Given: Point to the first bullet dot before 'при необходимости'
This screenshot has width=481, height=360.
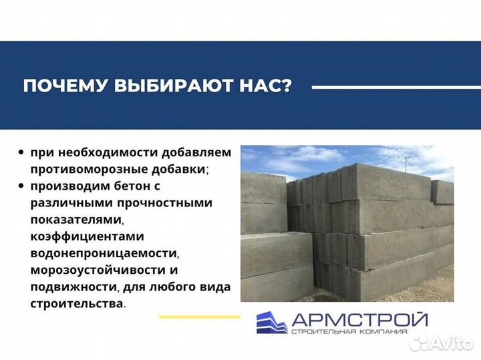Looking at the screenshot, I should click(x=22, y=152).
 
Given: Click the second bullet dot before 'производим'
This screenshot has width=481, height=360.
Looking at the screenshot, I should click(x=22, y=186).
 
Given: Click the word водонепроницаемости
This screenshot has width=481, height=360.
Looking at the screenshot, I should click(x=103, y=253).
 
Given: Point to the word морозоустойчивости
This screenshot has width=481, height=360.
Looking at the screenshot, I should click(x=99, y=270).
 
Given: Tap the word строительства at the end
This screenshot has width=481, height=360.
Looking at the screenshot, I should click(x=76, y=303).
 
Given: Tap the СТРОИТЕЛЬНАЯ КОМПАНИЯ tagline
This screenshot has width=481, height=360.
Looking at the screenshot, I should click(x=358, y=332).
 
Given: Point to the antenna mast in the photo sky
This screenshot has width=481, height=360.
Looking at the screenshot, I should click(x=407, y=162).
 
